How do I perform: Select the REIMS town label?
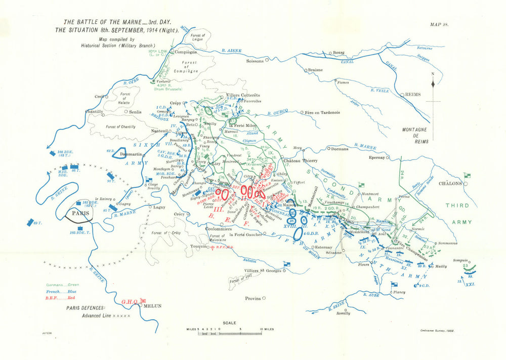point(409,95)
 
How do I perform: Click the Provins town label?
point(252,298)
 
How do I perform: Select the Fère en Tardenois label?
point(322,112)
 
